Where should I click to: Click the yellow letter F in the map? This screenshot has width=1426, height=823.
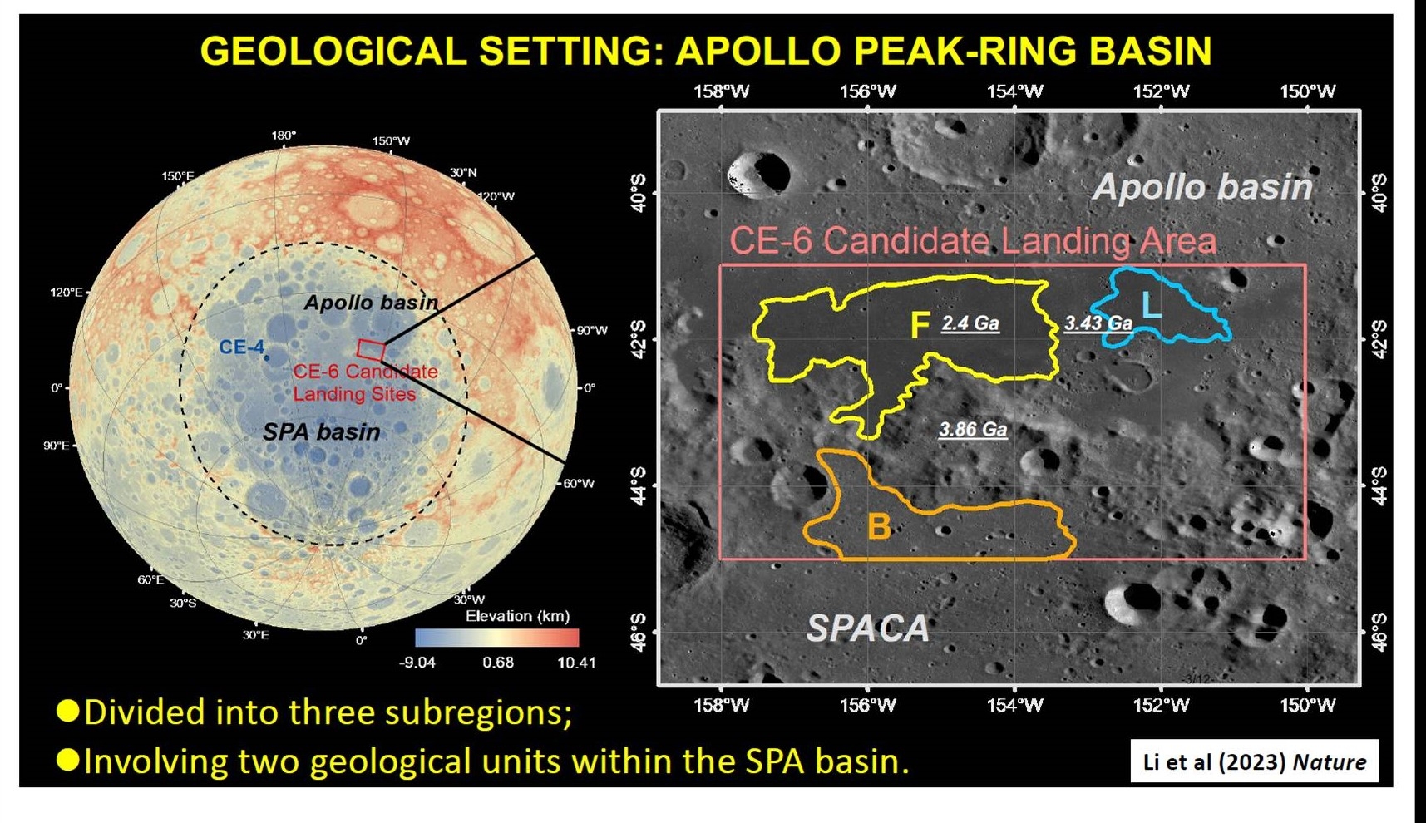[919, 325]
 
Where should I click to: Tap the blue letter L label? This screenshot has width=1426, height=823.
[1152, 306]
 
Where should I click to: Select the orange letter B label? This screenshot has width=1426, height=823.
[879, 526]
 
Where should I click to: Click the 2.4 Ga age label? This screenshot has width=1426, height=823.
[970, 323]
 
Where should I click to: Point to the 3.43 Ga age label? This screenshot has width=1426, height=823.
[1098, 323]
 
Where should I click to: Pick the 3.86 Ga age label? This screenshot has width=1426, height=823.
[973, 430]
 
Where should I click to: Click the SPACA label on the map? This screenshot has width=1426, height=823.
[868, 628]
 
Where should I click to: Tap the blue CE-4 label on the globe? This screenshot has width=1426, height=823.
[242, 347]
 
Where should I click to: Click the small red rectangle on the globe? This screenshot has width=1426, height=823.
[371, 350]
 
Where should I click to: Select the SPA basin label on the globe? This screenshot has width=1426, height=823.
[322, 432]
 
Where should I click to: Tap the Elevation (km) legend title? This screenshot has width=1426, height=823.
[517, 616]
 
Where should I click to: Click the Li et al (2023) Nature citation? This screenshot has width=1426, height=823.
[1255, 762]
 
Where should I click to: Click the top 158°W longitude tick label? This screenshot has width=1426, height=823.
[721, 91]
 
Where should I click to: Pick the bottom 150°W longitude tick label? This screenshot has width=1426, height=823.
[1307, 706]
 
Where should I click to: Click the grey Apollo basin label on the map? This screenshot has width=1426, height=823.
[1203, 187]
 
